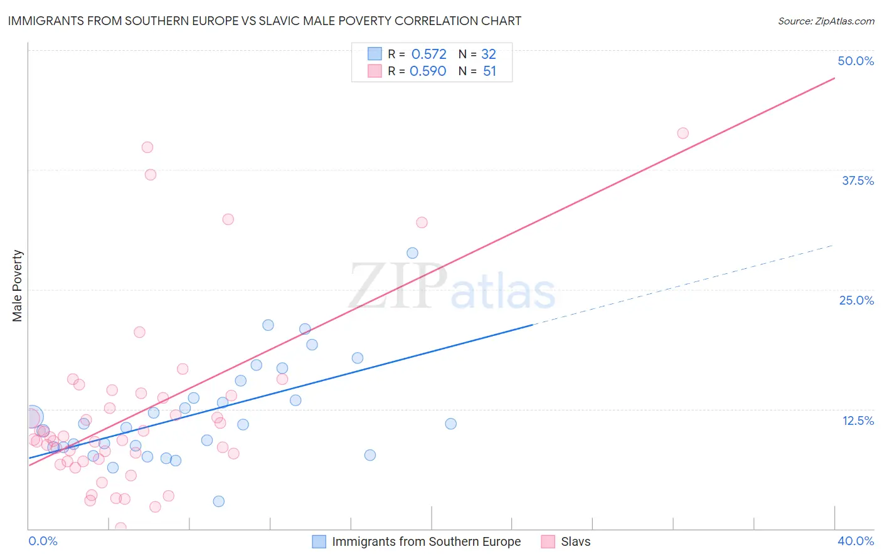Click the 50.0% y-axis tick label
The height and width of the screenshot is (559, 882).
coord(856,61)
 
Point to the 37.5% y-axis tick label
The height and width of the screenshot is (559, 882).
coord(858,180)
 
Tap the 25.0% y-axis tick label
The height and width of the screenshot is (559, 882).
coord(856,300)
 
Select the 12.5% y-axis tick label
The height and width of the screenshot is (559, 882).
coord(858,421)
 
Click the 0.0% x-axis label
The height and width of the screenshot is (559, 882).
coord(43,541)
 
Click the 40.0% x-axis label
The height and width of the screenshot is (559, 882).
coord(855,541)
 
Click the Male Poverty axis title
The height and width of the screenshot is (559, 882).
coord(17,286)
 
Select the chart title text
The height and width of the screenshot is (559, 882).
coord(264,21)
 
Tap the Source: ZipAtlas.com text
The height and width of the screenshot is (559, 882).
coord(826,21)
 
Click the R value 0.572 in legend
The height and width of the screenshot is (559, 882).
coord(428,54)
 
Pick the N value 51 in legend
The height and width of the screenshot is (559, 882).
coord(489,71)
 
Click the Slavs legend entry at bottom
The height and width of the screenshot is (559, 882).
coord(575,541)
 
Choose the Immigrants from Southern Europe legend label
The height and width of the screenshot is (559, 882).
coord(426,541)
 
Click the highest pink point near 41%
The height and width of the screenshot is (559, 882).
coord(683,133)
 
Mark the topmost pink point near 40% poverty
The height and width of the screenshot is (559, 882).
coord(147,147)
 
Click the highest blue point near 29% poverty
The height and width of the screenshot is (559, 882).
coord(412,253)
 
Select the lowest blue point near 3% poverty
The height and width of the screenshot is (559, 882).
coord(218,501)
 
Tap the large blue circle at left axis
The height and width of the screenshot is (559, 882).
coord(33,417)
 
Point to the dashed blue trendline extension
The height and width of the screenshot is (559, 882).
coord(684,285)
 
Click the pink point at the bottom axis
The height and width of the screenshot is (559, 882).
coord(120,528)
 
